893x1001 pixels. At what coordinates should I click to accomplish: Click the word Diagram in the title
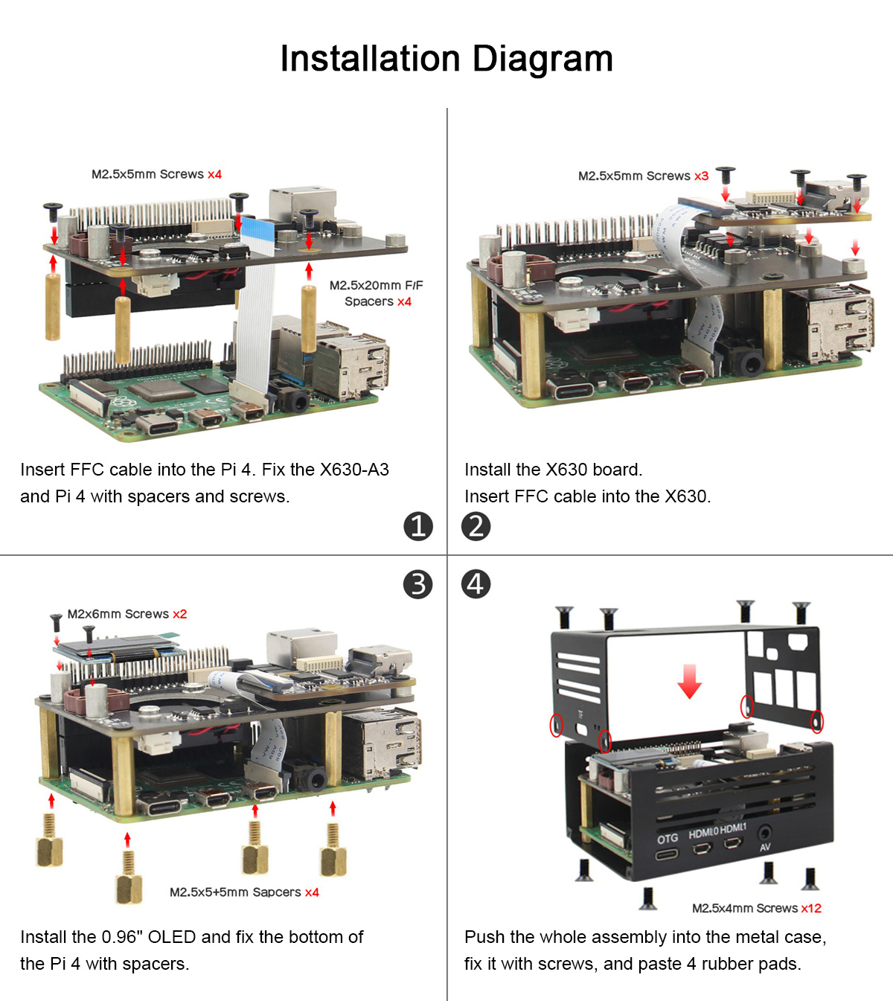pos(542,60)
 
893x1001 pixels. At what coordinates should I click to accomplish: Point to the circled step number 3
pos(418,584)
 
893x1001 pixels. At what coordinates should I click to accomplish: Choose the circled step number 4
pos(476,584)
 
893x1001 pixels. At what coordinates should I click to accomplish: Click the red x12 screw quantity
pos(811,908)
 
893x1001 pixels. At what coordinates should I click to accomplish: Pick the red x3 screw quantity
pos(701,176)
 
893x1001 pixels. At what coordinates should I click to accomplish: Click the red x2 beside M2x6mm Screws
pos(179,614)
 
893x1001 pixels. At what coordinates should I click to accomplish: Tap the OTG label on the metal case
pos(668,839)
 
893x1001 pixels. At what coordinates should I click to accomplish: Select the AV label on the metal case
pos(765,848)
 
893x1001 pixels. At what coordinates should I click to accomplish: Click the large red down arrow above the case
pos(689,681)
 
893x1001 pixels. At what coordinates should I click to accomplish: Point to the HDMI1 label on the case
pos(732,829)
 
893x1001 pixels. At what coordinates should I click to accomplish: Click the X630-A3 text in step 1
pos(353,470)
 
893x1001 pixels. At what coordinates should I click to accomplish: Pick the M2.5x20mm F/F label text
pos(376,286)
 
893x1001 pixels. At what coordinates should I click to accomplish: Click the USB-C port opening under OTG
pos(668,854)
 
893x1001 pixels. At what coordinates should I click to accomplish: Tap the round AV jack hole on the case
pos(764,834)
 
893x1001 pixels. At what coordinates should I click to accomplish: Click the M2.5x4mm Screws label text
pos(745,908)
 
